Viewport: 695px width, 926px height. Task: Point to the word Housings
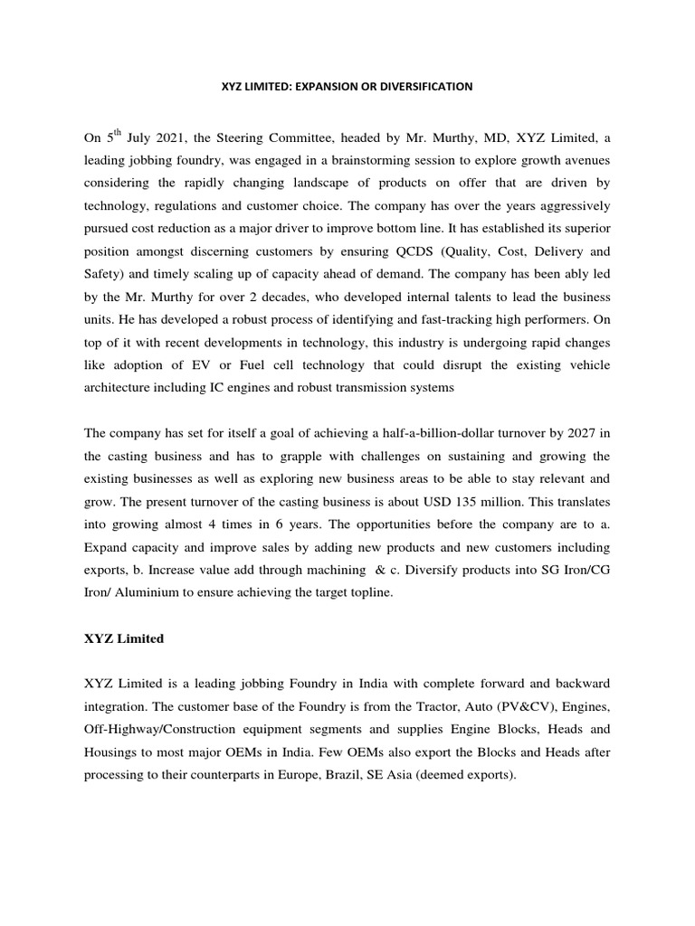point(112,752)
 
